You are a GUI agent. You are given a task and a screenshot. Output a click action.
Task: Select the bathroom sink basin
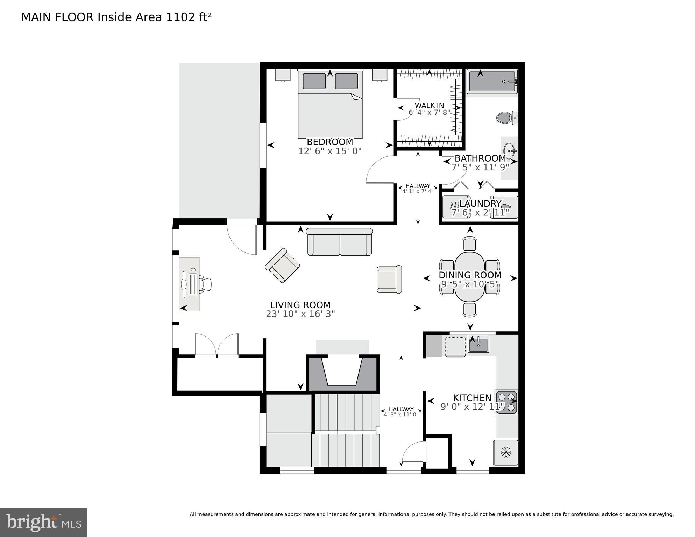[509, 150]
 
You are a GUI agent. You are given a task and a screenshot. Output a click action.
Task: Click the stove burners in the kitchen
[506, 402]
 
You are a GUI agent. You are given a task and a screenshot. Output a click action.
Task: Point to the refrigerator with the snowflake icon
[505, 452]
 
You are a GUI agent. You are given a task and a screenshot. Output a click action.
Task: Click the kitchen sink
[478, 345]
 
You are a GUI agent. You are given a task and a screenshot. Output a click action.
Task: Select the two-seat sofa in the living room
[339, 242]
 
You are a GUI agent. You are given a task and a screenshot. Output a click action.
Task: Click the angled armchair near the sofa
[282, 265]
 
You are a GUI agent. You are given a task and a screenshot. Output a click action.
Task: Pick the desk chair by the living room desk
[206, 284]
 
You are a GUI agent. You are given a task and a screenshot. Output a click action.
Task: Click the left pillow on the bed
[314, 81]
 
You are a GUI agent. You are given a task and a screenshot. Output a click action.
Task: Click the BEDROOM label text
[330, 142]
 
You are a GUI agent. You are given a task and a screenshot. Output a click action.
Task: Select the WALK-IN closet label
[429, 105]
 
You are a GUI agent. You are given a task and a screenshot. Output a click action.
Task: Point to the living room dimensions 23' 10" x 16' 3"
[300, 314]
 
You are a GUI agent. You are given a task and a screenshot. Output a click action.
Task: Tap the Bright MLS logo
[43, 522]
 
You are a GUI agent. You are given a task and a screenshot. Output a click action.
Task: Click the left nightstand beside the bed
[283, 75]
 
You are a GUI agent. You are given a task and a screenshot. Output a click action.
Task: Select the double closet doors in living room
[217, 345]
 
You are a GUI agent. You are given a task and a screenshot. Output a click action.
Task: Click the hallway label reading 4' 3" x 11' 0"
[401, 415]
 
